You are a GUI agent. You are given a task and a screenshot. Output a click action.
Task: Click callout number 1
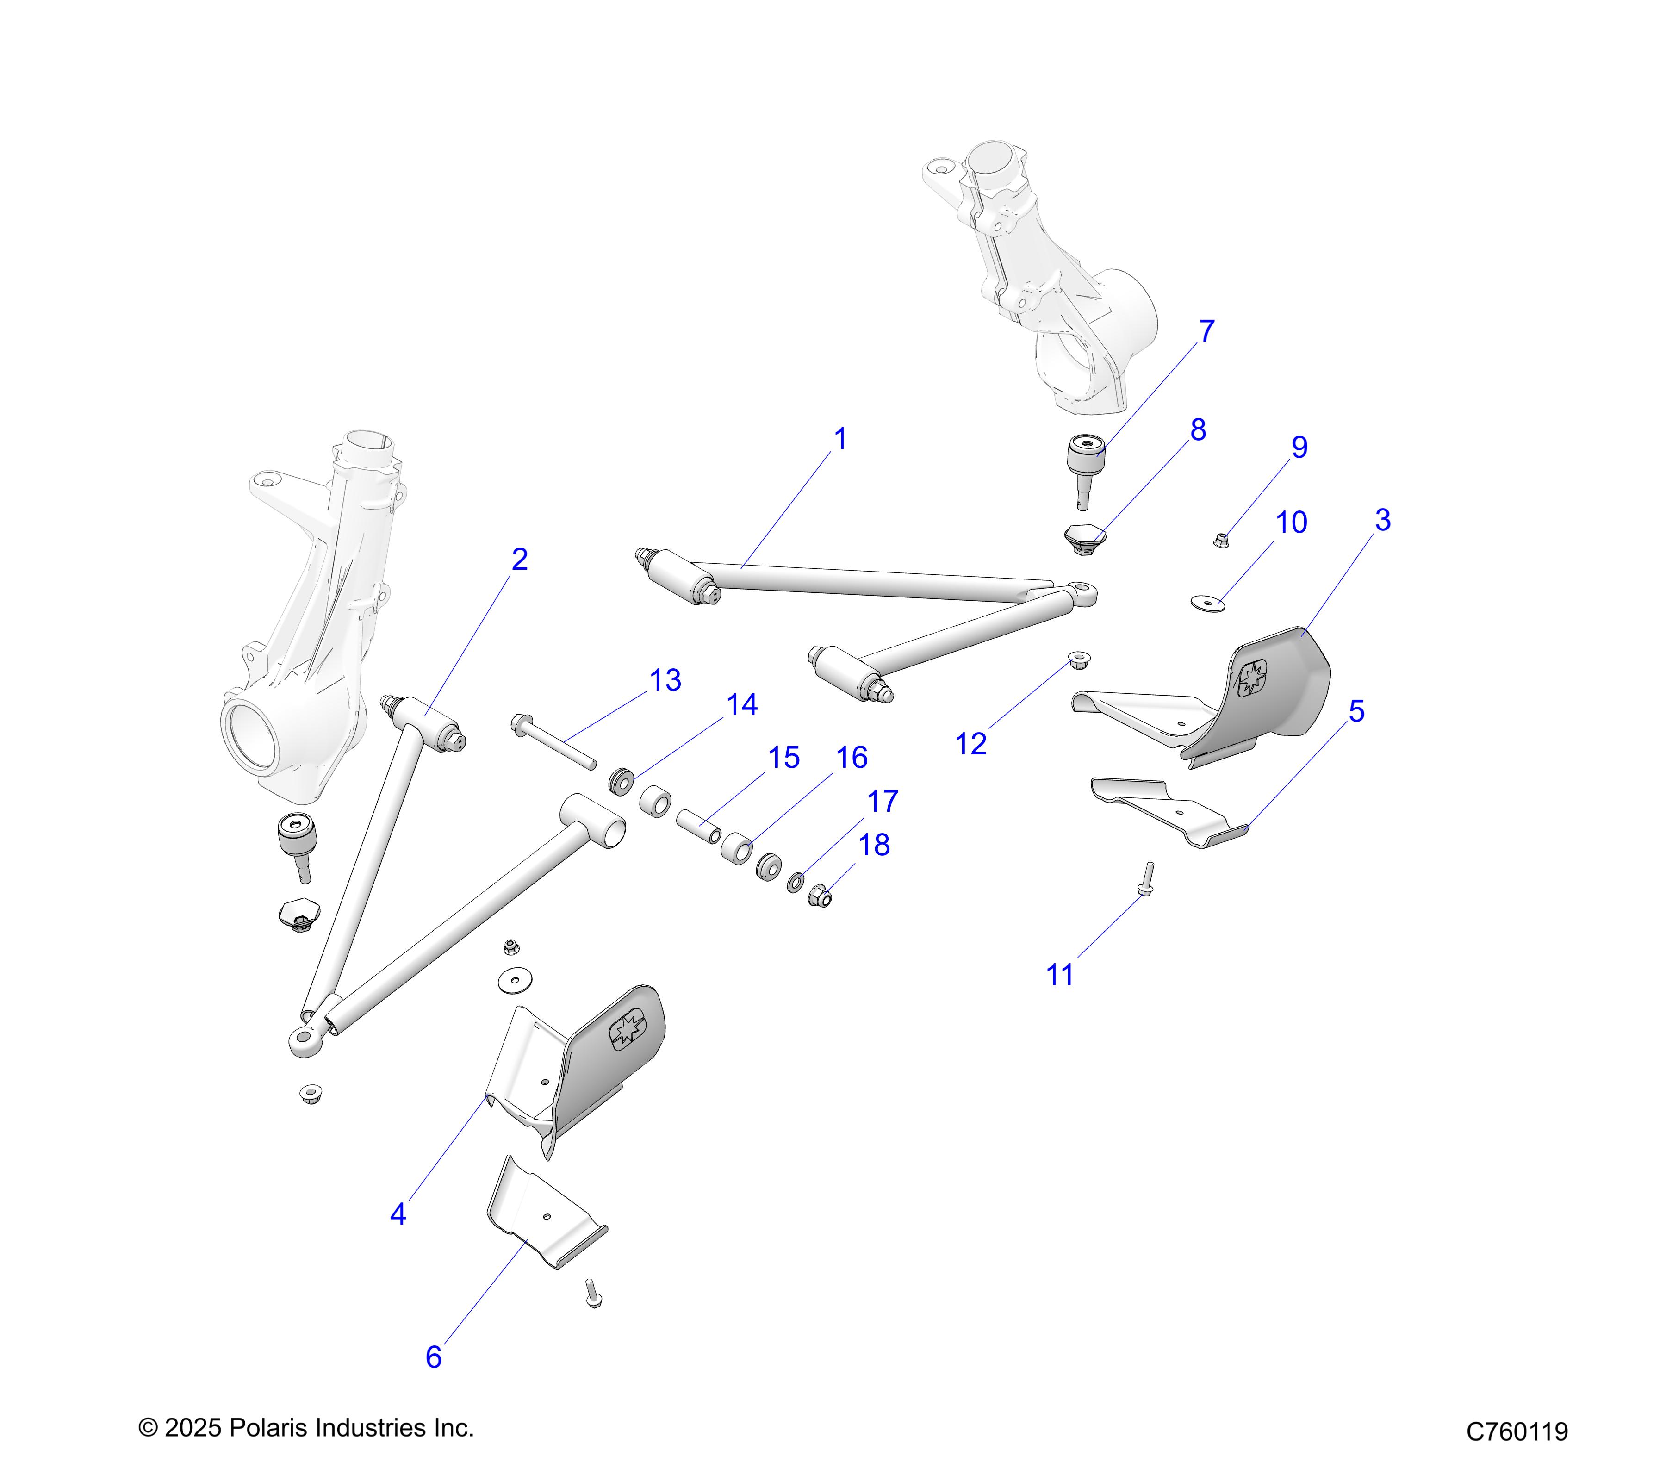(840, 439)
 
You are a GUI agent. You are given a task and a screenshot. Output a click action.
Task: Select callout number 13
(665, 681)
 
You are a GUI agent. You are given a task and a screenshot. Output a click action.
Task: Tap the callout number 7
(1206, 332)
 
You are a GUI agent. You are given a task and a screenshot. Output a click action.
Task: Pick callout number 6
(434, 1357)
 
